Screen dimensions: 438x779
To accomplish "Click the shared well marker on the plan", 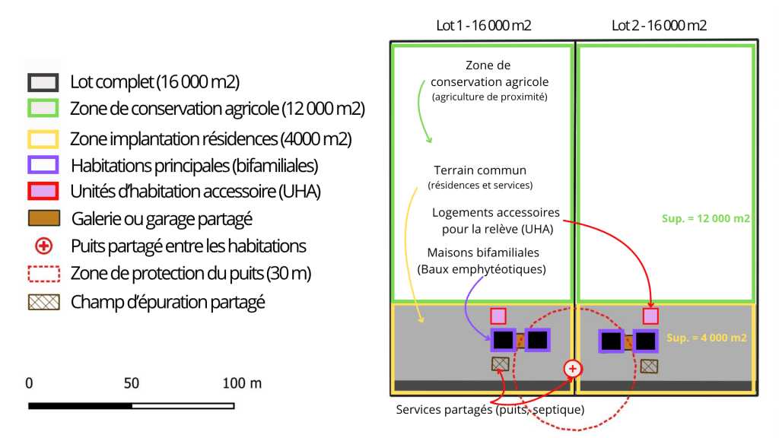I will (573, 369).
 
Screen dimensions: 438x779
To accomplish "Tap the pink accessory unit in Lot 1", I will (498, 316).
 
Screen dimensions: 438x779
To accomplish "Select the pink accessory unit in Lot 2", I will (650, 316).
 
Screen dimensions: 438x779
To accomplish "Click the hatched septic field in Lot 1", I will (500, 363).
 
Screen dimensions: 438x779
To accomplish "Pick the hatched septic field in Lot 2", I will (649, 366).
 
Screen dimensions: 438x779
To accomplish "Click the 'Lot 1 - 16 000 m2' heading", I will (483, 25).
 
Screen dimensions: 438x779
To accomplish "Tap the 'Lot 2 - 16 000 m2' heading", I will (659, 25).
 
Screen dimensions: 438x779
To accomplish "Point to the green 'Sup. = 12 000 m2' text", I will (706, 218).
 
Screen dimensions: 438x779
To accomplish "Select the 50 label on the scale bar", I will (132, 383).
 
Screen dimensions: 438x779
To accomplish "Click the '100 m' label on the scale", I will (242, 383).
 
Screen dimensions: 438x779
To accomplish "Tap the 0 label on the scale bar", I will (29, 383).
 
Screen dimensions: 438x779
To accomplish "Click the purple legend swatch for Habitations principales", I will (43, 165).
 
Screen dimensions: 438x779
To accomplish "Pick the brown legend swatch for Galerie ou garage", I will (43, 219).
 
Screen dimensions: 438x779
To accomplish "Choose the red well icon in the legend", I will (43, 246).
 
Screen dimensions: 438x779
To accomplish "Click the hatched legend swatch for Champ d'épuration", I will (43, 301).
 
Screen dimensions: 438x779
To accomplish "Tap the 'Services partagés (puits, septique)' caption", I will (490, 410).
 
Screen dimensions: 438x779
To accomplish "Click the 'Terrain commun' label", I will (480, 170).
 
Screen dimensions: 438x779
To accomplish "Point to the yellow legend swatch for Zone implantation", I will (43, 138).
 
